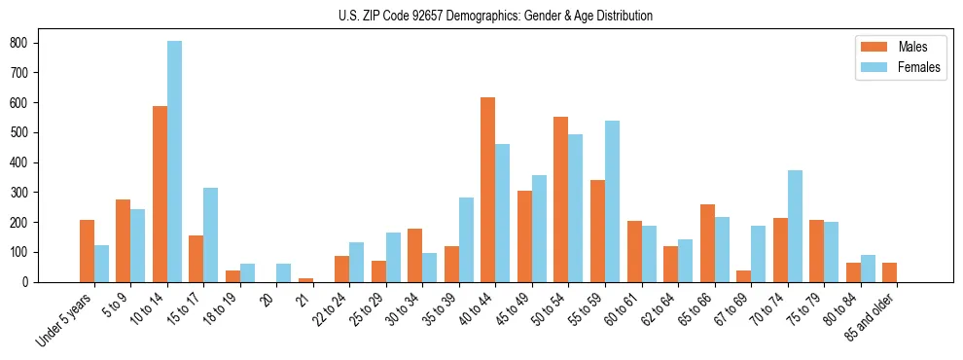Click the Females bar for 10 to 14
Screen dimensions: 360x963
175,162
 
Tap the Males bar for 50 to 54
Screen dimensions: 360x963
561,199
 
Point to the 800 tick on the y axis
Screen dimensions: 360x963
39,42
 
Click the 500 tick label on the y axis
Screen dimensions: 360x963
20,132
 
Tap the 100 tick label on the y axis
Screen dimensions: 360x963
20,252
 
